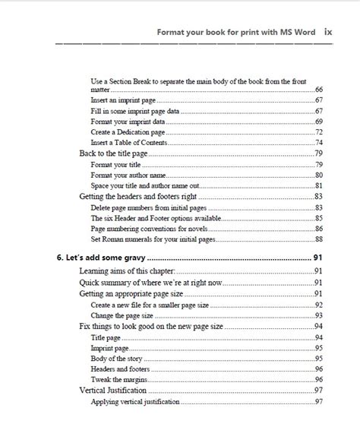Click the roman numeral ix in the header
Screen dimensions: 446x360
pyautogui.click(x=327, y=32)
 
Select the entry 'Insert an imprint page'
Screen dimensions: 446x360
pyautogui.click(x=127, y=100)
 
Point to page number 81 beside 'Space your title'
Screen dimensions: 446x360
pyautogui.click(x=319, y=185)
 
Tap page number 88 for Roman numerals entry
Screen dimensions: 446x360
pyautogui.click(x=319, y=239)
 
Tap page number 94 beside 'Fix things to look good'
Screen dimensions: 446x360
pyautogui.click(x=319, y=326)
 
